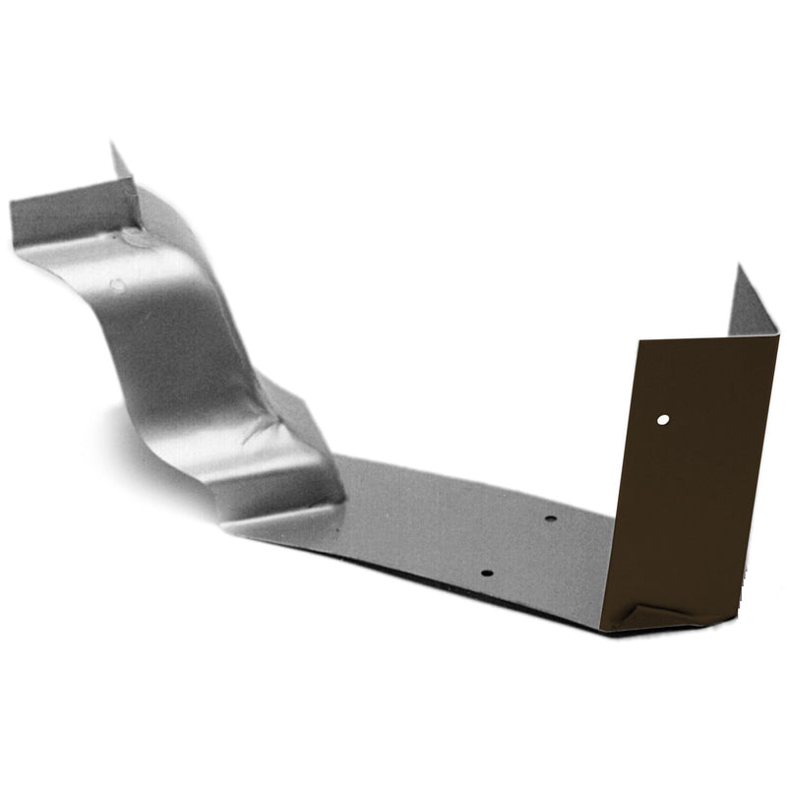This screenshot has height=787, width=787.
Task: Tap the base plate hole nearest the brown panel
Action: click(550, 518)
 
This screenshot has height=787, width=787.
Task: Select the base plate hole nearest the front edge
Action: click(485, 571)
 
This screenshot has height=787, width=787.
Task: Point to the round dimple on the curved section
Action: click(116, 285)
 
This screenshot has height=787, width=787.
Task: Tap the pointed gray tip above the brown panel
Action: click(737, 267)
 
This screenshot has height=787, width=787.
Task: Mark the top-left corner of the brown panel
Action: click(638, 341)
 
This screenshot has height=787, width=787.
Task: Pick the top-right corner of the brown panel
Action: click(778, 334)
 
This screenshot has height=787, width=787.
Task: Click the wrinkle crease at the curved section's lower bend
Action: click(258, 426)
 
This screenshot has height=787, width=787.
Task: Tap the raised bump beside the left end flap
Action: click(133, 236)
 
